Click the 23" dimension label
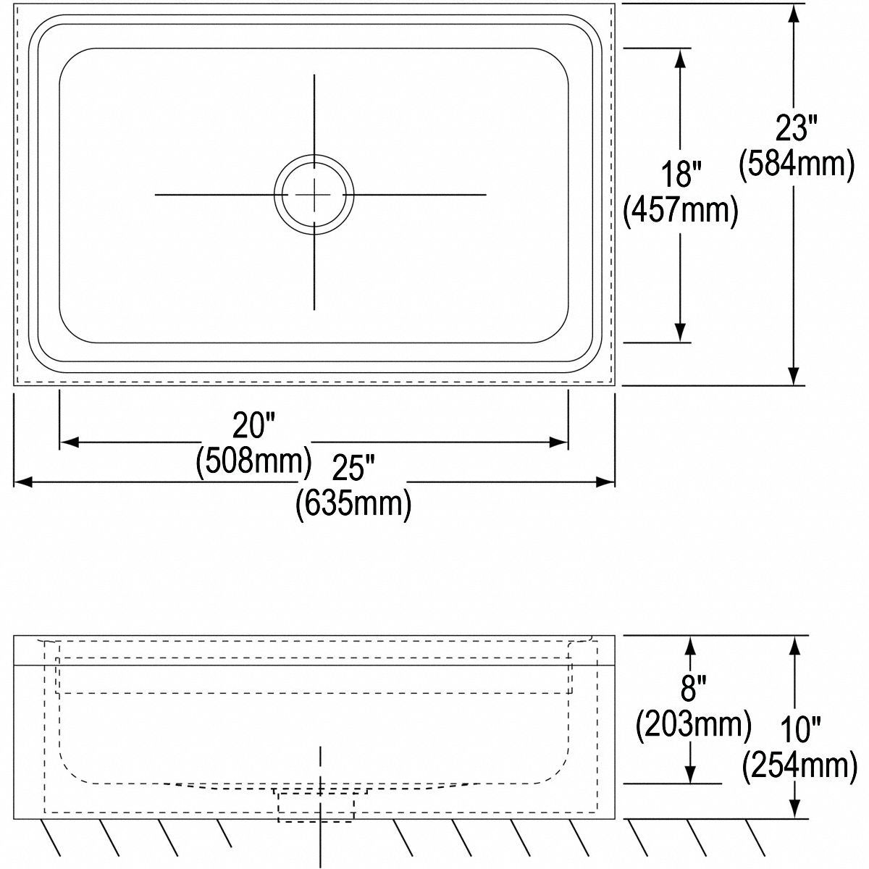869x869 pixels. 796,128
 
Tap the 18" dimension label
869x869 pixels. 681,175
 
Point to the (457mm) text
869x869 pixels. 681,211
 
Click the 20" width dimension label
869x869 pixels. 251,425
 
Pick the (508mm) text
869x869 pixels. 253,461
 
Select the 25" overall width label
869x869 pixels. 352,469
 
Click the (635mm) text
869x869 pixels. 353,504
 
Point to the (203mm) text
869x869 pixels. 693,723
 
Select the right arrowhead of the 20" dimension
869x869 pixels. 559,442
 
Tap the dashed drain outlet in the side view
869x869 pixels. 316,805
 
